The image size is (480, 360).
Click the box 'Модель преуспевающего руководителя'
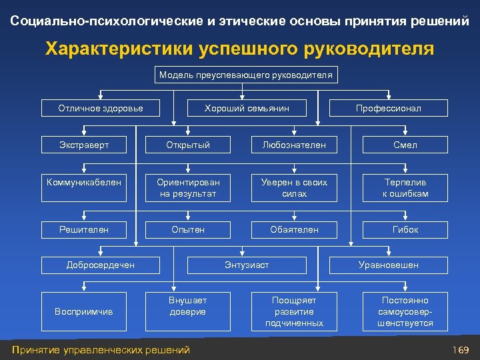[245, 75]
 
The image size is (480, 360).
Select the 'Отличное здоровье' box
[101, 108]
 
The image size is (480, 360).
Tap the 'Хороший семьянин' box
[247, 108]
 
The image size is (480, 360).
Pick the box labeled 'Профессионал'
[389, 108]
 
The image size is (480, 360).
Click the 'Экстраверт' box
[84, 145]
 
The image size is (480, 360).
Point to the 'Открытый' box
[188, 145]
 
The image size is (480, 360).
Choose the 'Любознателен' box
[294, 145]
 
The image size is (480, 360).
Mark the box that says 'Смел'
[405, 145]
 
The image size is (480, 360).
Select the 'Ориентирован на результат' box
[188, 187]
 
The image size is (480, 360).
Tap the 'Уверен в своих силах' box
[294, 187]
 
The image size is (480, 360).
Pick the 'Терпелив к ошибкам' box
[405, 187]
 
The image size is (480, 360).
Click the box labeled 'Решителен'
[84, 229]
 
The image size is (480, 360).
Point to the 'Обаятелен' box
[294, 229]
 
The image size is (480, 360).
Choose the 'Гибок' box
[405, 229]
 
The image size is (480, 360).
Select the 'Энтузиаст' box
[247, 265]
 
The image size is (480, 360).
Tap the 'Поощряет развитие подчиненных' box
[294, 311]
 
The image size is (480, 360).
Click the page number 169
[460, 350]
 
